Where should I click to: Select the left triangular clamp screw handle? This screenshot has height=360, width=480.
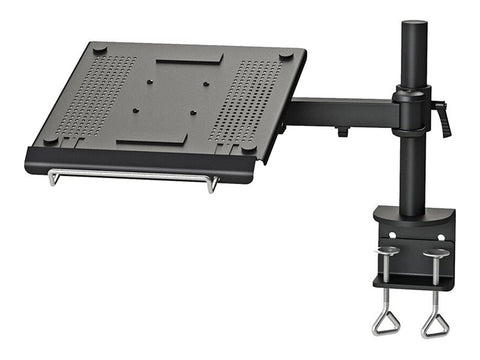(x=385, y=321)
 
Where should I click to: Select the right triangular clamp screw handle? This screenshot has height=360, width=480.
(x=436, y=321)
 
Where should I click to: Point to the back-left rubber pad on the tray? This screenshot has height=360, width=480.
(x=98, y=49)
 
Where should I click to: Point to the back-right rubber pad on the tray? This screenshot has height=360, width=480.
(x=285, y=56)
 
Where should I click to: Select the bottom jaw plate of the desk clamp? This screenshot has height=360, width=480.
(x=412, y=282)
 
